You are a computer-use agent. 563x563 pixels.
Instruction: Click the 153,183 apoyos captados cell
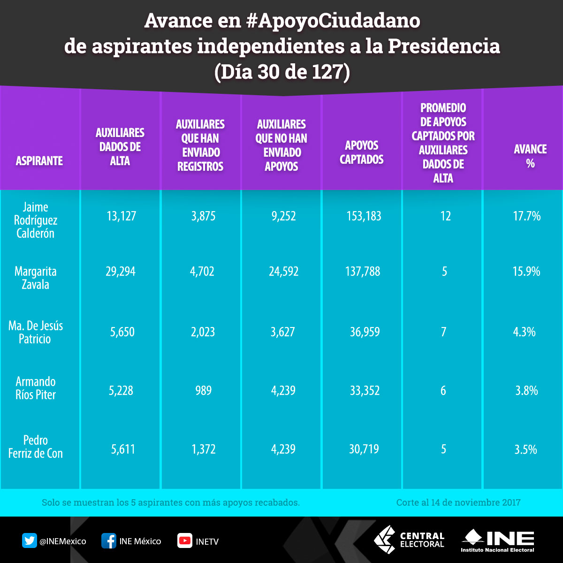364,216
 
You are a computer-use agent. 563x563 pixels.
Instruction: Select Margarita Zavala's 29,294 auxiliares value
121,271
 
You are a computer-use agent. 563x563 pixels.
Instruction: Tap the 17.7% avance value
527,216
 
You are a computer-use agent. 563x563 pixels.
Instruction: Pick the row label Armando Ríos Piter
36,388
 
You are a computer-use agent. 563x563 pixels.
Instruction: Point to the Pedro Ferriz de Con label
36,447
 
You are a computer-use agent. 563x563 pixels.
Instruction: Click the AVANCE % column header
530,156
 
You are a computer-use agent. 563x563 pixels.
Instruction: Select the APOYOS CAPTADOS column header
361,152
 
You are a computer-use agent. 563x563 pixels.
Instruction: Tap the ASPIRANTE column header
39,161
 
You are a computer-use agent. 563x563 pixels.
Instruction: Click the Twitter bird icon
30,541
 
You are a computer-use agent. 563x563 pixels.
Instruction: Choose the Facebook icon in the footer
109,541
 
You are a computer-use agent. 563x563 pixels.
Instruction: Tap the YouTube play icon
185,541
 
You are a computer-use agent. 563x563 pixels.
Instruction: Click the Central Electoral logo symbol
384,540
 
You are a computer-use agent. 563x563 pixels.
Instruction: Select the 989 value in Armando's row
203,390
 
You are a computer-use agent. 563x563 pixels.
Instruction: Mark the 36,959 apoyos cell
365,332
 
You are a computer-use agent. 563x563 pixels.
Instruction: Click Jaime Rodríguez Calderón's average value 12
445,216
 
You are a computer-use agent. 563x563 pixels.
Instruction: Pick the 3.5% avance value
525,449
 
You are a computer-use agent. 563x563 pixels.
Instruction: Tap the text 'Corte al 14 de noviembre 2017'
458,502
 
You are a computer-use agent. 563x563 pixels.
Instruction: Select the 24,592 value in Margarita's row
283,271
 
